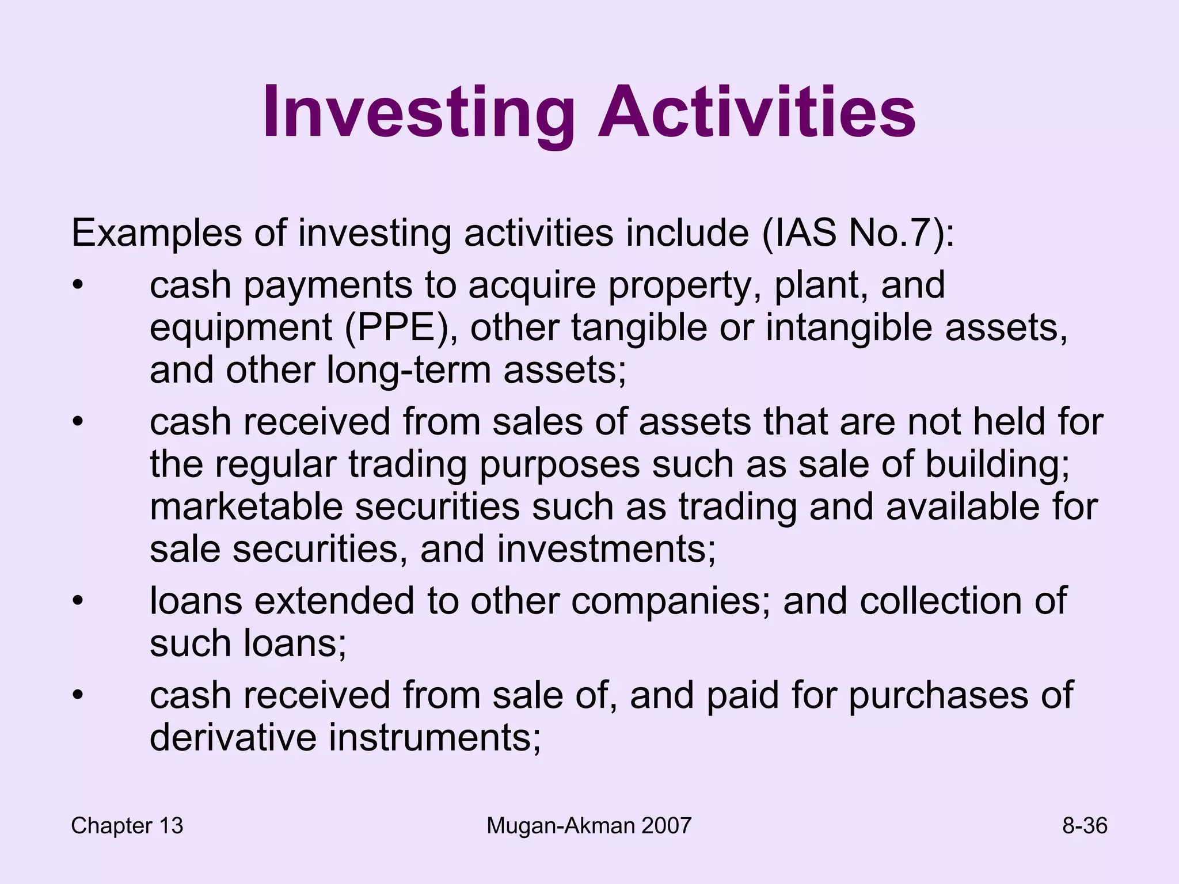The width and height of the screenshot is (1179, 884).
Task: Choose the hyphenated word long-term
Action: tap(408, 369)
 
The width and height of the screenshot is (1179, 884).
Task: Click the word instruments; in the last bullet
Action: tap(435, 738)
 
